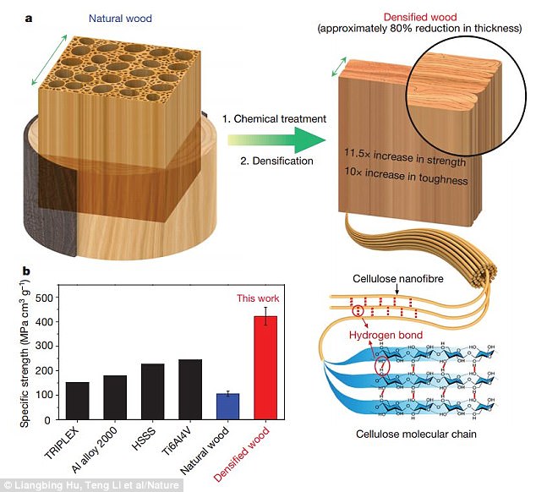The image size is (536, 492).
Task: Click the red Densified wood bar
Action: point(266,366)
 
